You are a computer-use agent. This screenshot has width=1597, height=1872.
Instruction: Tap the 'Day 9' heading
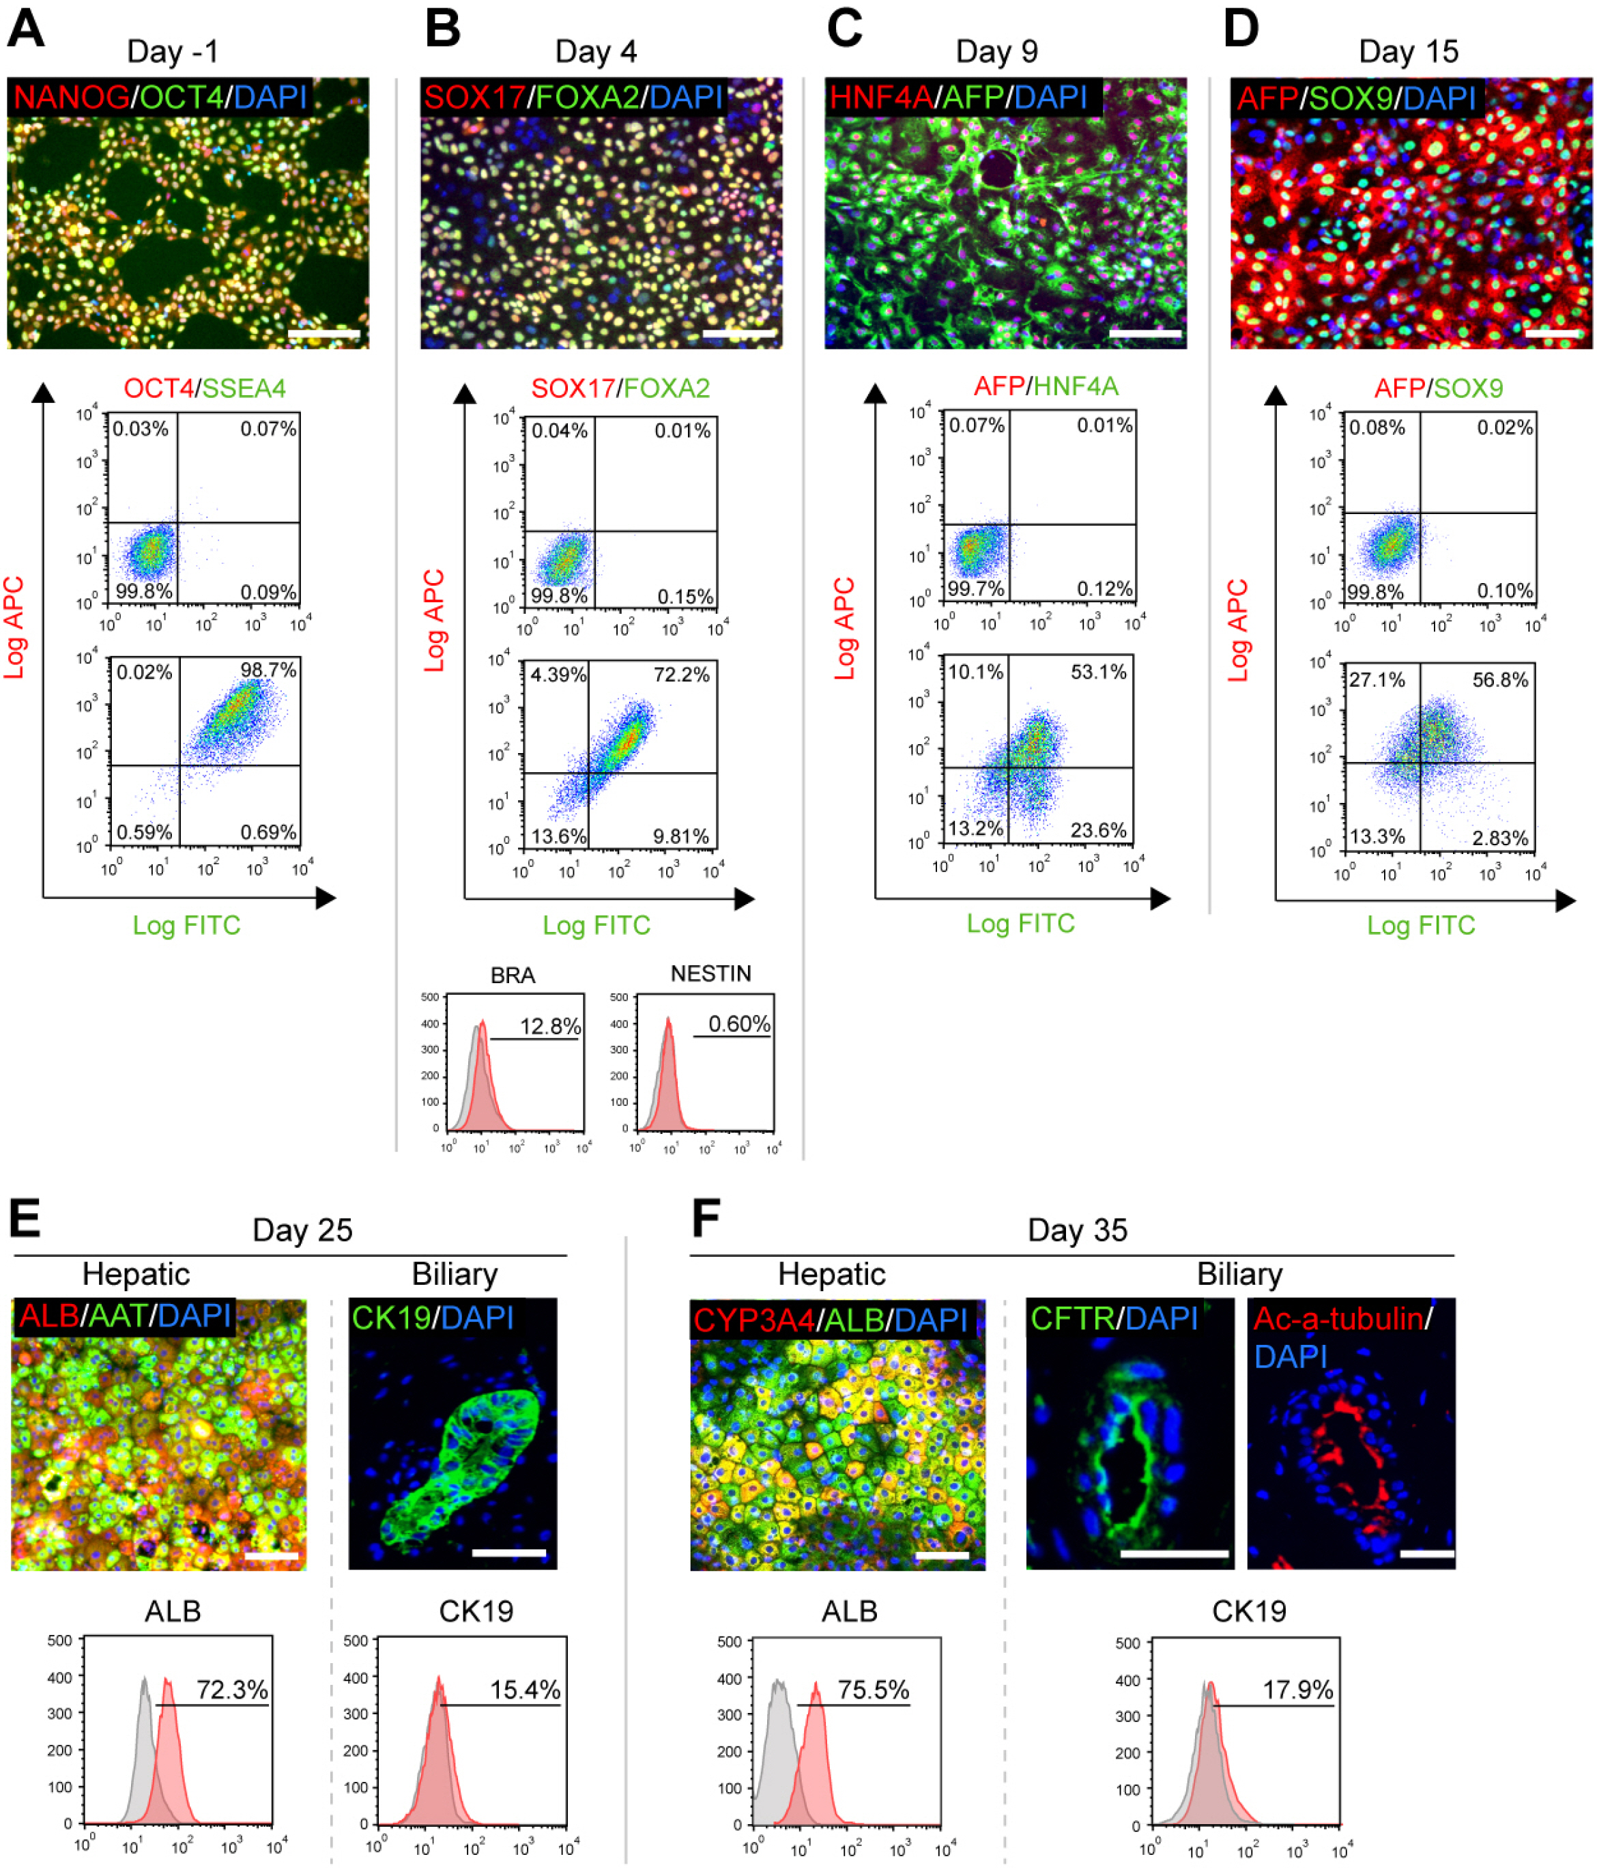tap(996, 51)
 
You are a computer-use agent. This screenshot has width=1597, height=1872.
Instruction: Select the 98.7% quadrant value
tap(268, 670)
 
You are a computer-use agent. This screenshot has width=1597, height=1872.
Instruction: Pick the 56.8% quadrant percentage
tap(1499, 679)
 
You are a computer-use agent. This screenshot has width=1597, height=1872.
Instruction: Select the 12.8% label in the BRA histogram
tap(550, 1025)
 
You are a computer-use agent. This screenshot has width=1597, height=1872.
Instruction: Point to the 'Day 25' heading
tap(302, 1230)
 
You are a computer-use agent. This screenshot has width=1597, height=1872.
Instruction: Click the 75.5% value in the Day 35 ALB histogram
tap(873, 1690)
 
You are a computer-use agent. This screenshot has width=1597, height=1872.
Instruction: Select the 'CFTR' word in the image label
tap(1072, 1318)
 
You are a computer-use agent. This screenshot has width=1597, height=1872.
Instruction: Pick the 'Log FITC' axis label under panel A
tap(186, 925)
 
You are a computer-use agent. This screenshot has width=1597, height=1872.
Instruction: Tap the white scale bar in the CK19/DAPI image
tap(508, 1553)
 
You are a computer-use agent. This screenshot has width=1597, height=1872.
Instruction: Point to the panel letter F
tap(706, 1217)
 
